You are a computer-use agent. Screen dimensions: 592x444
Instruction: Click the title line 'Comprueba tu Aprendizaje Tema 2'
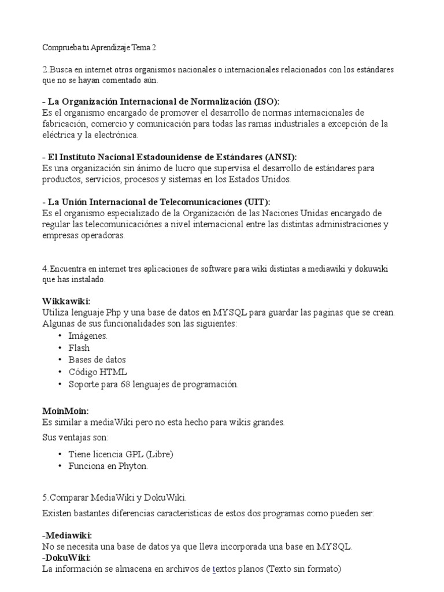click(99, 47)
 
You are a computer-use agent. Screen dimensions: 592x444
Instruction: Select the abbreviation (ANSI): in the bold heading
click(282, 157)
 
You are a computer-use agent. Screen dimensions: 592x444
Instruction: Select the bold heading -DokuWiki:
click(66, 558)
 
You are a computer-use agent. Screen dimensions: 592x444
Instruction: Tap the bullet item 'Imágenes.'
click(88, 336)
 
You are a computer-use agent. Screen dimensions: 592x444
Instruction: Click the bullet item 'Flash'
click(79, 348)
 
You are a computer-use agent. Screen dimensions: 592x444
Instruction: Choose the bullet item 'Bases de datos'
click(97, 360)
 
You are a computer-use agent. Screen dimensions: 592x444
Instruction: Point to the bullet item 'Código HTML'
click(97, 372)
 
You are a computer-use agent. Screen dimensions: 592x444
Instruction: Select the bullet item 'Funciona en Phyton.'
click(108, 466)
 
